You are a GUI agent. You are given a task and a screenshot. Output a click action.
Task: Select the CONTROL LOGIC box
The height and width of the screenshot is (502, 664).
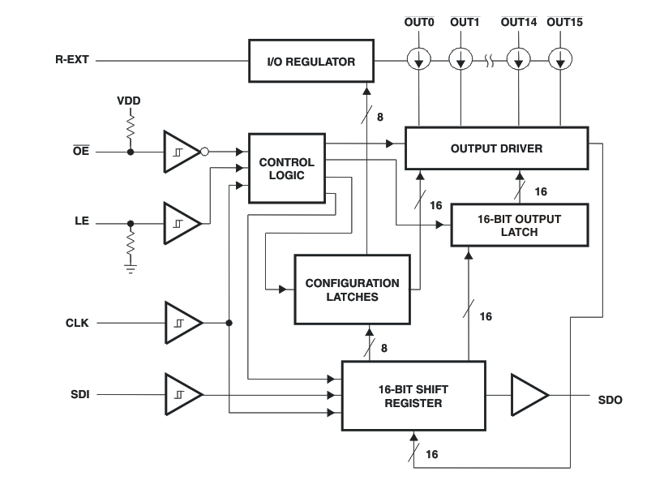281,168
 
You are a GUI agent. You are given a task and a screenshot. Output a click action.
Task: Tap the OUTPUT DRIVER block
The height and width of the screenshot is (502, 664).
496,148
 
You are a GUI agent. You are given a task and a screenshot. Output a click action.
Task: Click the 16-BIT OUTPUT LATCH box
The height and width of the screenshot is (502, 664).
519,225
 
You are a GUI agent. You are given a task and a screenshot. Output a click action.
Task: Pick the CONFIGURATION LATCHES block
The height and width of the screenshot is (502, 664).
352,290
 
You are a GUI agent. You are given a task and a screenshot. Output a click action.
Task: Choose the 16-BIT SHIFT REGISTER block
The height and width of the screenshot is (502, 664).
413,396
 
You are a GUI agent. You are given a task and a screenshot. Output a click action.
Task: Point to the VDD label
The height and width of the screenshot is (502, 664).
128,101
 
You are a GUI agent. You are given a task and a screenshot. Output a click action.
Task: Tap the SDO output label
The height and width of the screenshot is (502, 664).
610,401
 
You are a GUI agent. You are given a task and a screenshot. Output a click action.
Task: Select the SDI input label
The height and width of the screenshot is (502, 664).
79,395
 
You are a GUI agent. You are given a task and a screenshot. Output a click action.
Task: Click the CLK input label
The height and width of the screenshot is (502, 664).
77,323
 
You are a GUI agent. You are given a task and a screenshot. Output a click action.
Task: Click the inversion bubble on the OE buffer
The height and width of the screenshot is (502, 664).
205,152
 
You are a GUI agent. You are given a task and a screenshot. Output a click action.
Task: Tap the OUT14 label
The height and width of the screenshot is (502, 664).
519,22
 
